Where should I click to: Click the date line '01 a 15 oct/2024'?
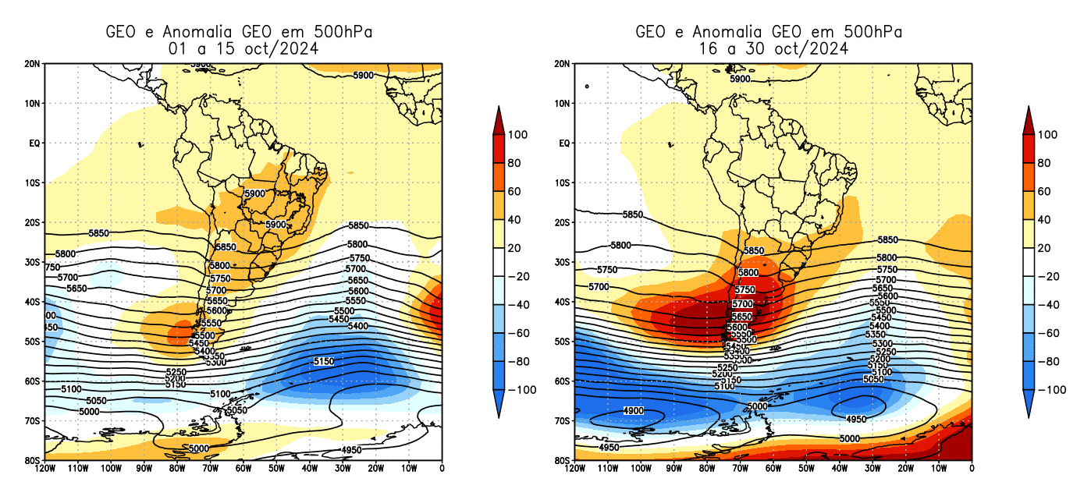tap(243, 48)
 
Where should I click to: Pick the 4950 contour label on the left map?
tap(352, 451)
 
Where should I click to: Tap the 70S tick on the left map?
tap(34, 421)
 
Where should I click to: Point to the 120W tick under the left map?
tap(44, 468)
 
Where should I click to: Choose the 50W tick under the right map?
tap(807, 468)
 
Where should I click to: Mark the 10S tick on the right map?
tap(563, 182)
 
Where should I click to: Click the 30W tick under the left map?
tap(343, 468)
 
